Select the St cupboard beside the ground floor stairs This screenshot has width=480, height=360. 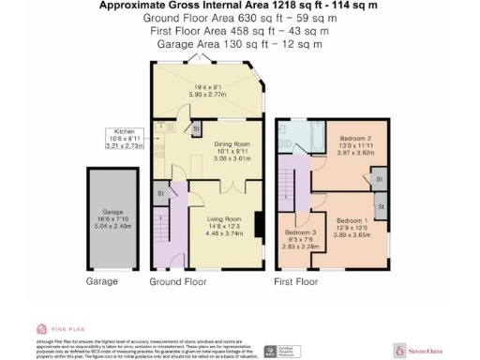point(160,193)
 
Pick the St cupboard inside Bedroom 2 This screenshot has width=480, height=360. point(380,176)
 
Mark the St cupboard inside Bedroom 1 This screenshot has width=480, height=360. point(382,203)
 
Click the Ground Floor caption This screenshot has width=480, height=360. point(177,280)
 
